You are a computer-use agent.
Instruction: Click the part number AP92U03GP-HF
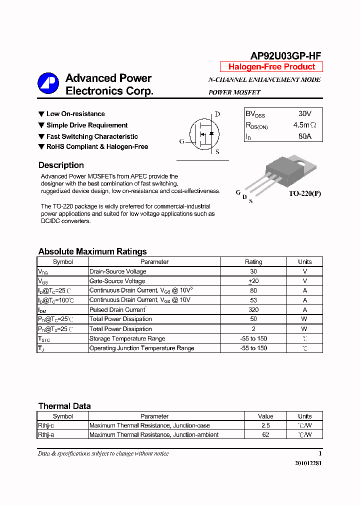tap(285, 56)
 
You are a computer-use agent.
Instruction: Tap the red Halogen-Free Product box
tap(271, 67)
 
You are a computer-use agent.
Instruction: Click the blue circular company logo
tap(48, 83)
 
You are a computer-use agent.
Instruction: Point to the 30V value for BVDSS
tap(304, 114)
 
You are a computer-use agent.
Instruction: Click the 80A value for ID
tap(304, 136)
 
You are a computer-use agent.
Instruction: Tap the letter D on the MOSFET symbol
tap(217, 114)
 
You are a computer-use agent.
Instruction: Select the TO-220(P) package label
tap(304, 193)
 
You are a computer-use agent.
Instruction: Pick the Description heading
tap(61, 165)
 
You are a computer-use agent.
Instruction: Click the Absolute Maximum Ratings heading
tap(92, 251)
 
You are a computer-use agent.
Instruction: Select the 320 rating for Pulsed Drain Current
tap(253, 309)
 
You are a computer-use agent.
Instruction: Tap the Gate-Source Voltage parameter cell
tap(117, 281)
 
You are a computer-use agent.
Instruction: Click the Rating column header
tap(253, 261)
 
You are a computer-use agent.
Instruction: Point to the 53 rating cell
tap(253, 300)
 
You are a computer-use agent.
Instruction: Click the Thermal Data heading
tap(64, 406)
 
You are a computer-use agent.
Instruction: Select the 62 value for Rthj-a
tap(265, 434)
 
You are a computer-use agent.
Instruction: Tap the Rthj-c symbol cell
tap(46, 425)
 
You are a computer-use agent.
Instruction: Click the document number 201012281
tap(308, 463)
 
